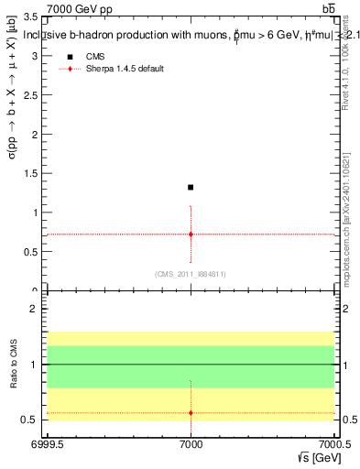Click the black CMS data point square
191,187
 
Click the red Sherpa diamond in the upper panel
191,234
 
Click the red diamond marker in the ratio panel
191,413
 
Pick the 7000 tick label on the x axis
191,445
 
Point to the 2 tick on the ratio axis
38,310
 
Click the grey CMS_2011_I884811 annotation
190,274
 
